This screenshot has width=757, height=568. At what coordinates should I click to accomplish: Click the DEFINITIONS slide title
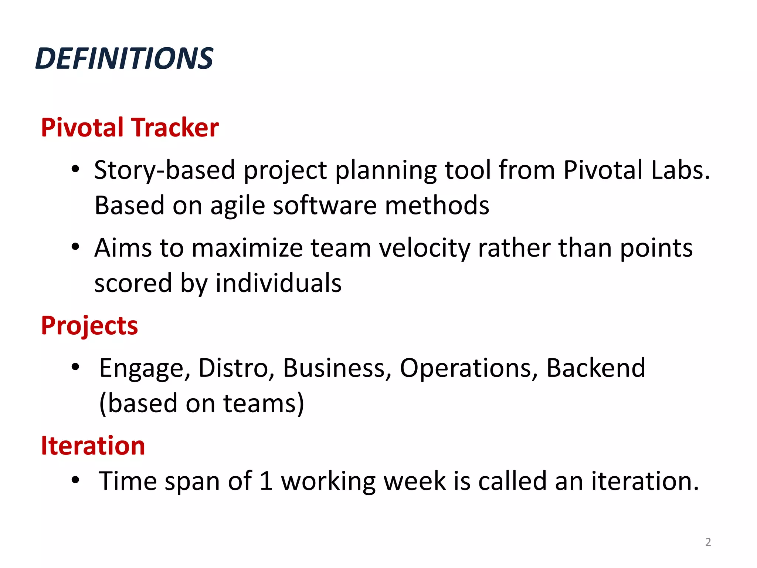[124, 58]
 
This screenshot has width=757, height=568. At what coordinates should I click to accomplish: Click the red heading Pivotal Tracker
[130, 128]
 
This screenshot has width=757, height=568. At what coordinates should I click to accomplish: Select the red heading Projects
[89, 326]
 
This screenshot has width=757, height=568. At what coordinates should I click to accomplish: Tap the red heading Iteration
[93, 446]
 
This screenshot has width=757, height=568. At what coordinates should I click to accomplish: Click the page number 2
[708, 542]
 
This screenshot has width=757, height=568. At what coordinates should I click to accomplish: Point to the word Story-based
[164, 170]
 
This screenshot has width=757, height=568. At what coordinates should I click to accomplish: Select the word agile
[238, 206]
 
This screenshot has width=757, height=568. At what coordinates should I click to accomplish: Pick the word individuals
[279, 283]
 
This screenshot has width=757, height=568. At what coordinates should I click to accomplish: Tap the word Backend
[595, 368]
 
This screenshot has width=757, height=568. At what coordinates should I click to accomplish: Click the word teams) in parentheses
[264, 403]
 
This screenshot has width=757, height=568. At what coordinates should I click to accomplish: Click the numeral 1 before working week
[266, 481]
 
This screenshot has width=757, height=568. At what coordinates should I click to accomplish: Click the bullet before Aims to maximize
[75, 247]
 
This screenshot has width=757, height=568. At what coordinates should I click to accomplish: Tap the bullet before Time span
[75, 480]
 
